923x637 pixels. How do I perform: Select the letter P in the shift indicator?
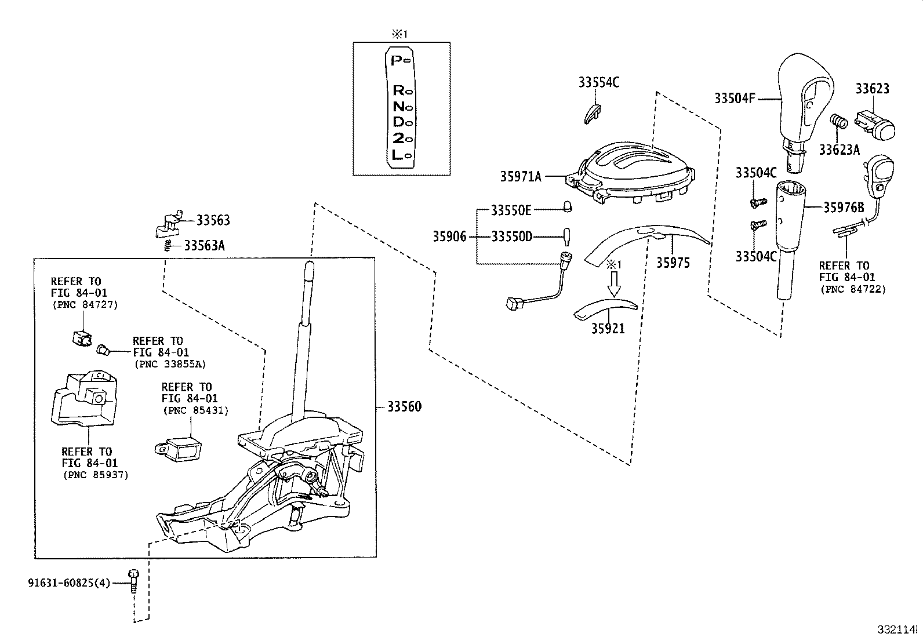[397, 60]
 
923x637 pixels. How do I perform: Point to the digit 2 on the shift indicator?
[398, 139]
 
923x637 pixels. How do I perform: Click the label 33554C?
[598, 82]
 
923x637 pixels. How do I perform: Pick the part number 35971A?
[521, 176]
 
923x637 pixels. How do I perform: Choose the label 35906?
[449, 236]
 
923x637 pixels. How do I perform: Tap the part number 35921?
[608, 329]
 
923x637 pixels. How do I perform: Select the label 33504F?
[735, 99]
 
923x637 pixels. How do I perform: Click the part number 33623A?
[839, 150]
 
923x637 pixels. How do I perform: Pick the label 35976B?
[844, 208]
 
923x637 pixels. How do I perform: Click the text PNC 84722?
[852, 289]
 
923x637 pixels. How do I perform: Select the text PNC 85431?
[195, 410]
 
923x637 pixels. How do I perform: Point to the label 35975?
[673, 263]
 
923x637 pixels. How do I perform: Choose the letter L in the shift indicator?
[397, 155]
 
